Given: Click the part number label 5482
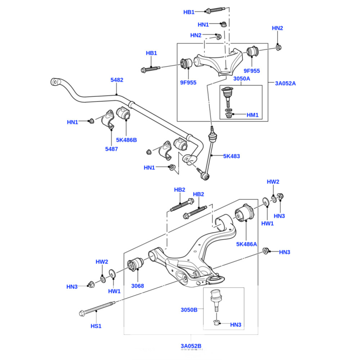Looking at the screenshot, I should click(x=117, y=80).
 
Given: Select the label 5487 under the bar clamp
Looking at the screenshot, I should click(x=111, y=149).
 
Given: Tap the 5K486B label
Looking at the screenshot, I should click(x=126, y=140).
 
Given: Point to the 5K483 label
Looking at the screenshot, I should click(x=231, y=156).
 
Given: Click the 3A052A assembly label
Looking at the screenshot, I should click(x=285, y=84).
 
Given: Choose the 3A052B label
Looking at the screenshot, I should click(x=191, y=346).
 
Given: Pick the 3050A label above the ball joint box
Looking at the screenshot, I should click(x=242, y=79).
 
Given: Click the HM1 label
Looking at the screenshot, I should click(x=252, y=115).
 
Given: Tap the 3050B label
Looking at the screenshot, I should click(x=189, y=310).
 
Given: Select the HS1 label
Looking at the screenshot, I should click(x=96, y=326).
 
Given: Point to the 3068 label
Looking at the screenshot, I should click(x=138, y=286).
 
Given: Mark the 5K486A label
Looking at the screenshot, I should click(x=247, y=244).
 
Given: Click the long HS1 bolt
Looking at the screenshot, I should click(x=97, y=308).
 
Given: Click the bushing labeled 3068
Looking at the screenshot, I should click(x=136, y=264).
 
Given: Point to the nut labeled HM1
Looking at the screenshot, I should click(x=228, y=115).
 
